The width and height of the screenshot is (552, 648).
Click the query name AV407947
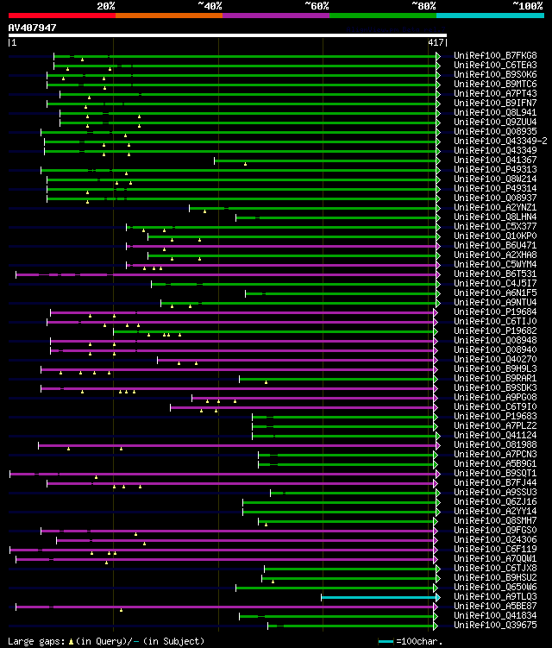pyautogui.click(x=32, y=28)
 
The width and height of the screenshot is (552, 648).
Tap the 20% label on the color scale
pyautogui.click(x=106, y=6)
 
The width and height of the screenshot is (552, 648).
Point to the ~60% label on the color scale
pyautogui.click(x=317, y=6)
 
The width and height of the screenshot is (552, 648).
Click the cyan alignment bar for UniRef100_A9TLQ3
pyautogui.click(x=379, y=596)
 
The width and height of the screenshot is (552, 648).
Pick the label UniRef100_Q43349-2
pyautogui.click(x=499, y=141)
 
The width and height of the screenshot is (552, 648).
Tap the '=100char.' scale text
pyautogui.click(x=420, y=641)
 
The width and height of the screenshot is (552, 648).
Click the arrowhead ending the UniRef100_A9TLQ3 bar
pyautogui.click(x=438, y=596)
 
